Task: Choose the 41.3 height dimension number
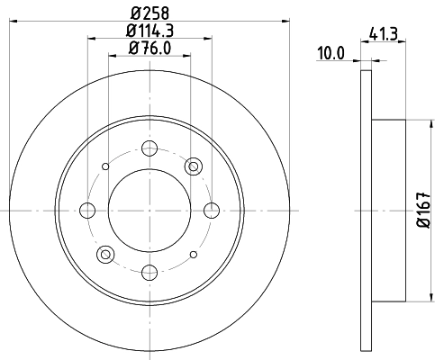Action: pyautogui.click(x=385, y=37)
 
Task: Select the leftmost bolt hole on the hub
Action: pyautogui.click(x=87, y=211)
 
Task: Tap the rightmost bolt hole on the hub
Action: pyautogui.click(x=212, y=211)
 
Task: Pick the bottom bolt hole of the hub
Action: pyautogui.click(x=150, y=272)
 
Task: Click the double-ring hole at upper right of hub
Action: pyautogui.click(x=194, y=166)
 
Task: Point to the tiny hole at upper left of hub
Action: pyautogui.click(x=105, y=166)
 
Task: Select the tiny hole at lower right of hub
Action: pyautogui.click(x=194, y=255)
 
